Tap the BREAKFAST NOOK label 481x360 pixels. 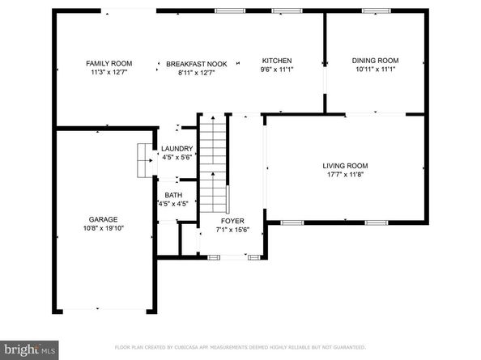pyautogui.click(x=197, y=63)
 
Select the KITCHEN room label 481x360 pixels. pyautogui.click(x=276, y=61)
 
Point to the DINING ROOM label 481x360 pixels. pyautogui.click(x=375, y=61)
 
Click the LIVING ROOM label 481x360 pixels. pyautogui.click(x=345, y=165)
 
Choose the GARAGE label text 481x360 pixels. pyautogui.click(x=104, y=219)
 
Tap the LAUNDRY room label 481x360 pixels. pyautogui.click(x=177, y=149)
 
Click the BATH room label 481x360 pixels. pyautogui.click(x=173, y=195)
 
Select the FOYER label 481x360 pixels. pyautogui.click(x=233, y=220)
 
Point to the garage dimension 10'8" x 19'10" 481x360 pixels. pyautogui.click(x=104, y=229)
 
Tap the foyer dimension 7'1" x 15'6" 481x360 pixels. pyautogui.click(x=233, y=230)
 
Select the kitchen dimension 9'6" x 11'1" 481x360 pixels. pyautogui.click(x=276, y=70)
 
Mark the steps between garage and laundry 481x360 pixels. pyautogui.click(x=145, y=159)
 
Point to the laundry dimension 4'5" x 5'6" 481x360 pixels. pyautogui.click(x=177, y=158)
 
